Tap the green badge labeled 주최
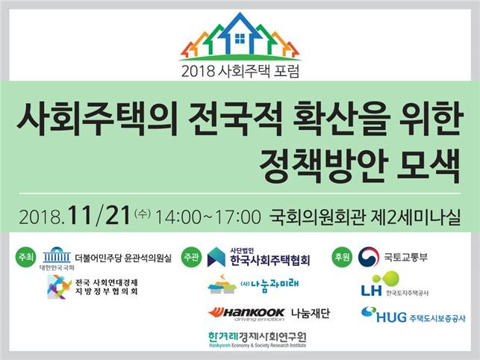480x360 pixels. coord(25,257)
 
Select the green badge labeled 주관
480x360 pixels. coord(191,257)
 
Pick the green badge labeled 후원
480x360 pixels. coord(342,257)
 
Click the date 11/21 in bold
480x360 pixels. coord(99,215)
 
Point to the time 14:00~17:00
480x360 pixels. coord(208,217)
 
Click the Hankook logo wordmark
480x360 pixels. coord(246,313)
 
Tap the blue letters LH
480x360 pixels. coord(371,290)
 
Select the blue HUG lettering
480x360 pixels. coord(391,317)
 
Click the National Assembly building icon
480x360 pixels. coord(57,255)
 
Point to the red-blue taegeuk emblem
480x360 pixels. coord(369,257)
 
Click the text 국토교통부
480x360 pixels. coord(406,257)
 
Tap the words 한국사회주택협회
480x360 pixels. coord(270,261)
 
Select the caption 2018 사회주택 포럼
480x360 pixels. coord(240,72)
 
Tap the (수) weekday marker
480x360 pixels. coord(143,213)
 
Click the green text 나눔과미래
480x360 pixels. coord(274,285)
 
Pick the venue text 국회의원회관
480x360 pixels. coord(317,217)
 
